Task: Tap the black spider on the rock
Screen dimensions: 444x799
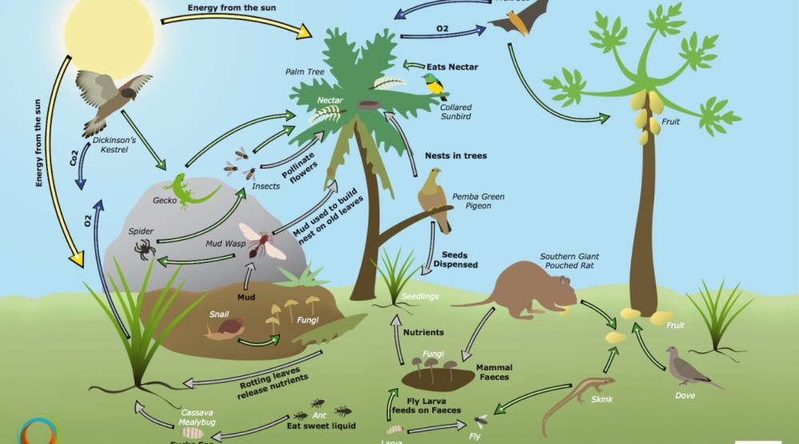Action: click(145, 248)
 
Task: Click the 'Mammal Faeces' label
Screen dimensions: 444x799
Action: click(494, 372)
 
